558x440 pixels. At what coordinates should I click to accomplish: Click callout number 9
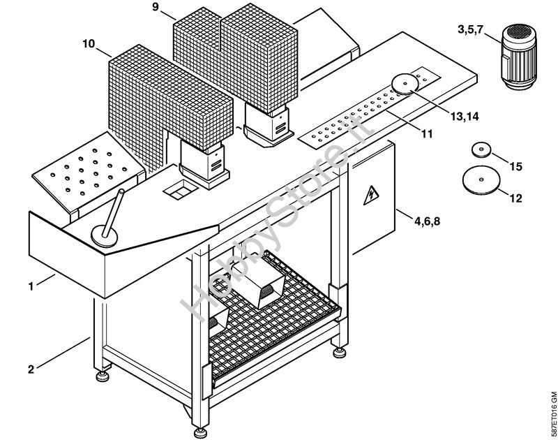click(156, 7)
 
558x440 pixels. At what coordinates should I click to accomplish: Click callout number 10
click(89, 44)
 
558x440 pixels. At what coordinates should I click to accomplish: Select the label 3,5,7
click(470, 29)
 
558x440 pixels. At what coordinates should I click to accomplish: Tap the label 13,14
click(465, 116)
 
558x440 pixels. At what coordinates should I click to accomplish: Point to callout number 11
click(427, 134)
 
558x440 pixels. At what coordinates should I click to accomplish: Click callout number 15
click(515, 166)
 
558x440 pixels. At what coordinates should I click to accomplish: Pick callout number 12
click(515, 198)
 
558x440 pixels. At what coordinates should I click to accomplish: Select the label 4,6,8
click(427, 221)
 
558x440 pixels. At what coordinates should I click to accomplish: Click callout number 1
click(31, 286)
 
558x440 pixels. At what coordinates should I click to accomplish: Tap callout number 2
click(31, 369)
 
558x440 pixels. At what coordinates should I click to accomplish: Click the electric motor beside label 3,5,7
click(518, 57)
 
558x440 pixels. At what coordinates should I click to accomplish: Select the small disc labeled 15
click(481, 149)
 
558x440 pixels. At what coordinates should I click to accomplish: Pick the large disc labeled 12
click(481, 180)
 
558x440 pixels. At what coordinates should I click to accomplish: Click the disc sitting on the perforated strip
click(405, 84)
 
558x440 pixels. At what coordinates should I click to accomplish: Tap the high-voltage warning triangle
click(371, 196)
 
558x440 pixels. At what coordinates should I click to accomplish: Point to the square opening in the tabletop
click(181, 189)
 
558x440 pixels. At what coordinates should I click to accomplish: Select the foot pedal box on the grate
click(259, 279)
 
